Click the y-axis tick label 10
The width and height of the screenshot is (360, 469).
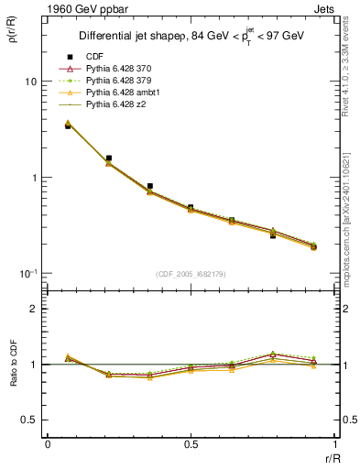(29, 82)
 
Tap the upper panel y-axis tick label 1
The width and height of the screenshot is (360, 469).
(32, 178)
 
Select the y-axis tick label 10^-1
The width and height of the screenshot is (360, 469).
(27, 274)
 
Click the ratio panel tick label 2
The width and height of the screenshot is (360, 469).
(32, 309)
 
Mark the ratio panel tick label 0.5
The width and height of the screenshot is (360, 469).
(27, 420)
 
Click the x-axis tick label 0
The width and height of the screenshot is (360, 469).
(48, 444)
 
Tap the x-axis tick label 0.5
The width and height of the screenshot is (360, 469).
(191, 444)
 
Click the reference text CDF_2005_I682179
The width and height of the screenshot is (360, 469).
(191, 274)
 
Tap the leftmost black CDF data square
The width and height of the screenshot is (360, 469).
(68, 125)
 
